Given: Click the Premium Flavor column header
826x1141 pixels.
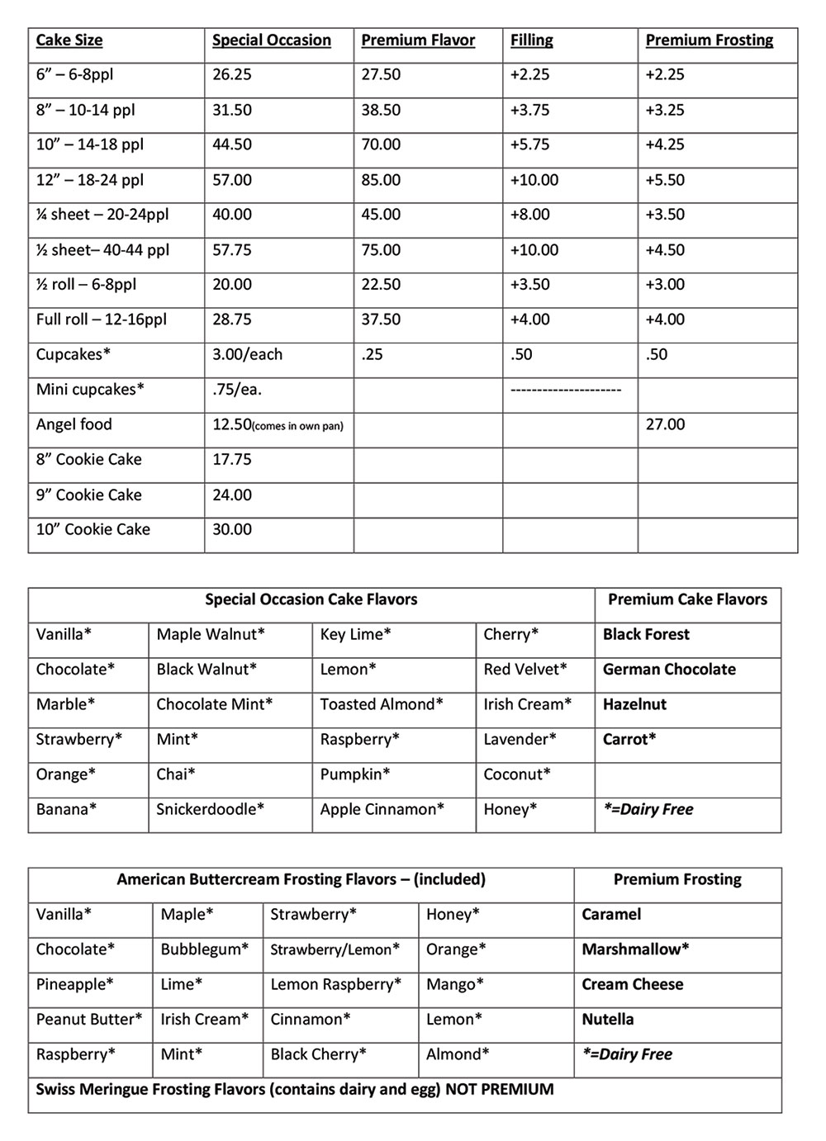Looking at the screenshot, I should (x=418, y=40).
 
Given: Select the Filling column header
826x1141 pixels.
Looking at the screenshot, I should (x=531, y=40).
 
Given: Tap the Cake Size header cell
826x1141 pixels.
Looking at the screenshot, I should (x=69, y=40).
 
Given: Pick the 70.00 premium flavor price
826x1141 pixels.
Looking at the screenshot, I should (x=381, y=144).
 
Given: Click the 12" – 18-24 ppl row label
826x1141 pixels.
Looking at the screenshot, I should (x=89, y=180).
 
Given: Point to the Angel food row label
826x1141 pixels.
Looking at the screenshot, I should (x=74, y=424).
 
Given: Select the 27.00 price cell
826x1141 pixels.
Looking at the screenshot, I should (x=665, y=424).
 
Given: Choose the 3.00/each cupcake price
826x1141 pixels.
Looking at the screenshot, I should (x=247, y=354).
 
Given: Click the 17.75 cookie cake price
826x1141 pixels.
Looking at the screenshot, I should (x=231, y=459).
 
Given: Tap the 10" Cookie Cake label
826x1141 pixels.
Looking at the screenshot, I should (x=93, y=529).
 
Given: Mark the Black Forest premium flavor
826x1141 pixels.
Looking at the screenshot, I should (x=646, y=634).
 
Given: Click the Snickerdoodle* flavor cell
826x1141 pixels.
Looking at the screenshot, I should (x=210, y=809).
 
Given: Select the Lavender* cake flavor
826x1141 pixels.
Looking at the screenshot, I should (x=520, y=739).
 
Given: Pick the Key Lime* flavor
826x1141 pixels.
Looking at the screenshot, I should (x=355, y=634).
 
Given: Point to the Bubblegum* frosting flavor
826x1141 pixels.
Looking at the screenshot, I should (x=204, y=949).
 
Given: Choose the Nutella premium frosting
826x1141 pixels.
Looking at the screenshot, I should (x=608, y=1019).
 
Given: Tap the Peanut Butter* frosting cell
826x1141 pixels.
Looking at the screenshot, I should (x=88, y=1019).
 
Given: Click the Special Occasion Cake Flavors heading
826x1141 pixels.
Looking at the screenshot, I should (x=311, y=599).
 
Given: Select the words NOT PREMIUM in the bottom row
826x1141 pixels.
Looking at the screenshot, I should (x=499, y=1089).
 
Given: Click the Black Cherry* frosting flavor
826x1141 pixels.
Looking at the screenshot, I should (x=318, y=1054).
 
